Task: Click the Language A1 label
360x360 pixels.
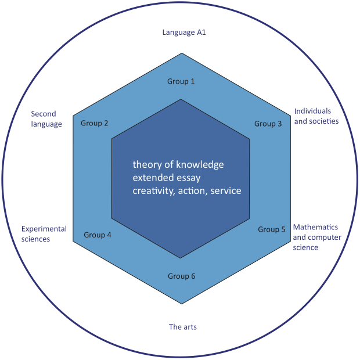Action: coord(184,33)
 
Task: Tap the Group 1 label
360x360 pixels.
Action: coord(181,81)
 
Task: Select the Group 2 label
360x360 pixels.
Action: coord(95,123)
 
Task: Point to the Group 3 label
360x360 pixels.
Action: coord(268,124)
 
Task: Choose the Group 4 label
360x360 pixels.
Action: coord(98,235)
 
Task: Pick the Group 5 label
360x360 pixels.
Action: coord(272,229)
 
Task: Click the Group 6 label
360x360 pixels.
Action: coord(182,276)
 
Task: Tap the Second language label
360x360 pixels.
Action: coord(46,119)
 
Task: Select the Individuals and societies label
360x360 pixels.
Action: coord(316,116)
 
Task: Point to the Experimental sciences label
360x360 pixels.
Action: coord(44,233)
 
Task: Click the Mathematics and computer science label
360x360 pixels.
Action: coord(315,237)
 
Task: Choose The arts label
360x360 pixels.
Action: coord(183,327)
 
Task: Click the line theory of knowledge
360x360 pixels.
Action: coord(178,165)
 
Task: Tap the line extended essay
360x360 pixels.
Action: coord(167,178)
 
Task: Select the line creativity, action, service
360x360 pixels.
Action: coord(186,190)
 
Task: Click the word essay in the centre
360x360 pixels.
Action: coord(189,178)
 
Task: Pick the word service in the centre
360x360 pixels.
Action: coord(225,190)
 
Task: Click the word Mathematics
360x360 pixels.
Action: coord(315,227)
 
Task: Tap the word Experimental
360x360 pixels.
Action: coord(44,229)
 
